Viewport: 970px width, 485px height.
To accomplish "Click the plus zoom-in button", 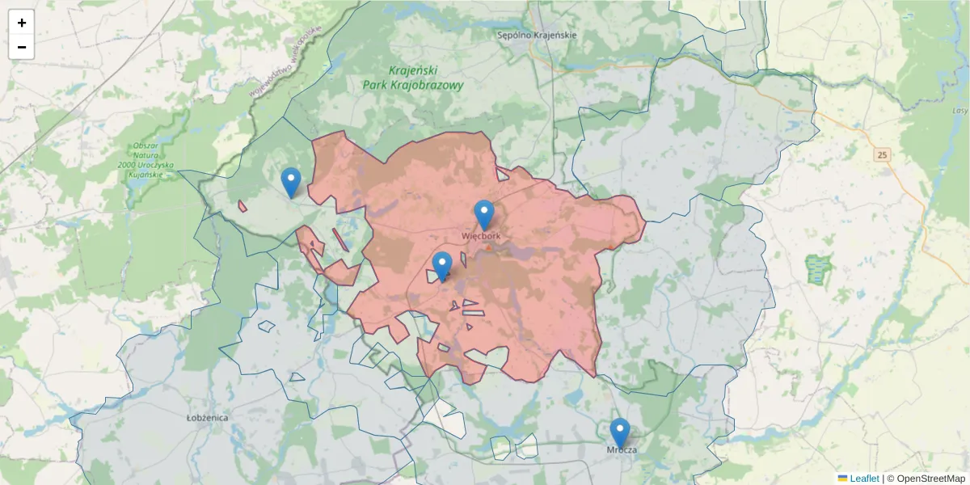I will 22,23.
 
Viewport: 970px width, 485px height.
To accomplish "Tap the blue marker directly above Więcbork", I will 484,215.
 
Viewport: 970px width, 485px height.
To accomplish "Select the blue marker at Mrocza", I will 620,432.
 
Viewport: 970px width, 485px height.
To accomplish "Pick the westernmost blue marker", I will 291,182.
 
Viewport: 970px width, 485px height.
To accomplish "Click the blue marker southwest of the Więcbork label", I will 442,266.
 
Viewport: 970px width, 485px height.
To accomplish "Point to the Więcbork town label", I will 482,236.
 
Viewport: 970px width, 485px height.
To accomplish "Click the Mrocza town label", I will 621,449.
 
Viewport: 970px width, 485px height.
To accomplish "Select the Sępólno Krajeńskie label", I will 537,35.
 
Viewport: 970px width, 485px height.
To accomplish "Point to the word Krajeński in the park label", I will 413,70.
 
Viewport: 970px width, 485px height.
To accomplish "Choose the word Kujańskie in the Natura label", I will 156,175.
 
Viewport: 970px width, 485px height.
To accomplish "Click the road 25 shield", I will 881,154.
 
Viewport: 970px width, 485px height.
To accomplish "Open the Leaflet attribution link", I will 863,479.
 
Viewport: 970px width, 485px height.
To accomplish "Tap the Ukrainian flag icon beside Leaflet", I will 842,479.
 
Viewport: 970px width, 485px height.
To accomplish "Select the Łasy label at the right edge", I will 959,111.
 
